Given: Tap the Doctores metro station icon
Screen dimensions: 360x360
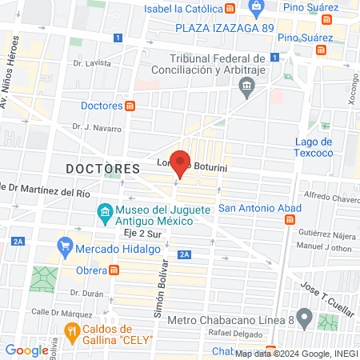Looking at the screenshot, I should [x=130, y=106].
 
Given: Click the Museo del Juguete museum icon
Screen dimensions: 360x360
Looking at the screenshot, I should [x=104, y=213].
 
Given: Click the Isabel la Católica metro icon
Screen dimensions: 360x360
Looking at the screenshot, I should [x=230, y=9].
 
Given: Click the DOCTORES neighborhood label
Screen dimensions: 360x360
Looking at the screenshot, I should [x=102, y=170].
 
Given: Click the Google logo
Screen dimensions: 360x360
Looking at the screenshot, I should [x=26, y=350].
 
